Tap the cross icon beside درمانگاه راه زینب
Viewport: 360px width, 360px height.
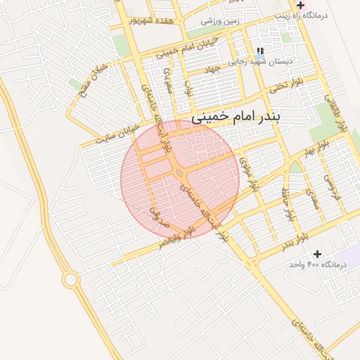coord(300,5)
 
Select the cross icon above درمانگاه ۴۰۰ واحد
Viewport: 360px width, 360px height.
coord(317,253)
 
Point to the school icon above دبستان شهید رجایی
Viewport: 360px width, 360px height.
coord(259,51)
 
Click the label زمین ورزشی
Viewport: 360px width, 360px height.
coord(220,21)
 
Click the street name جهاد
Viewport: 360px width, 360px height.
coord(212,70)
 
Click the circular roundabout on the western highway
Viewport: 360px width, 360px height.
coord(70,280)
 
